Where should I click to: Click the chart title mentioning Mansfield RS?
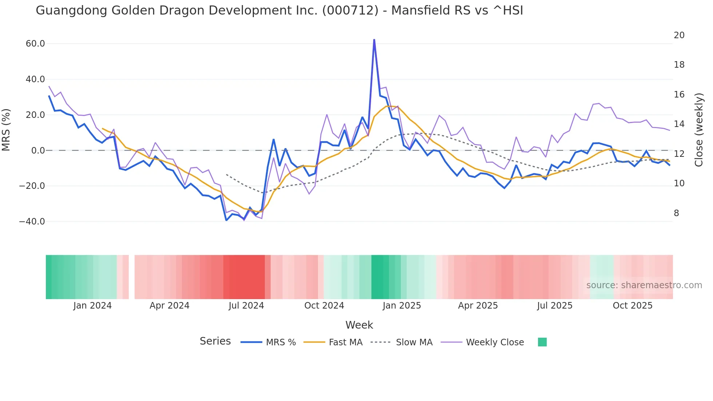pos(279,11)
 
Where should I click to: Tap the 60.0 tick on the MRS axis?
pos(35,44)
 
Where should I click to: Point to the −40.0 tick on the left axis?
pos(32,221)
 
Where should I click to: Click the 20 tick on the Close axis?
pos(679,35)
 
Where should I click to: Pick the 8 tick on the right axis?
pos(676,213)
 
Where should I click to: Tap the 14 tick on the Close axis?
pos(679,124)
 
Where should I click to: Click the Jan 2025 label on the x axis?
pos(402,306)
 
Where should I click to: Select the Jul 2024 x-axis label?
pos(246,306)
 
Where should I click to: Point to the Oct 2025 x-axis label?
pos(633,306)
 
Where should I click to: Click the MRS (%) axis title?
pos(6,130)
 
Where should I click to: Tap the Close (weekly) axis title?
pos(699,130)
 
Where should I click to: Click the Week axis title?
pos(359,325)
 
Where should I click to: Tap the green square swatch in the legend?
pos(542,342)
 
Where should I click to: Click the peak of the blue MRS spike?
pos(374,39)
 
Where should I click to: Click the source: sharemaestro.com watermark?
pos(644,285)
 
